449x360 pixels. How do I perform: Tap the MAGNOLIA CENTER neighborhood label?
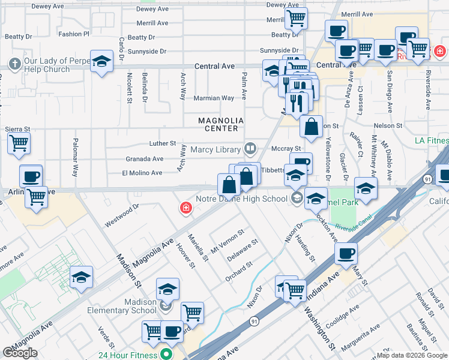point(221,124)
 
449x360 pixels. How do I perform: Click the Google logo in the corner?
point(20,352)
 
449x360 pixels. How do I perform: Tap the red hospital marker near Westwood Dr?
point(187,208)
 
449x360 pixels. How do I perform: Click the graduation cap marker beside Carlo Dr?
point(102,61)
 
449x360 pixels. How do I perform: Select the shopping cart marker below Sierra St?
point(19,143)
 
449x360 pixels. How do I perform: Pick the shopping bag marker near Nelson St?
point(311,127)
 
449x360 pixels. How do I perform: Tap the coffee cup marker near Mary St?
point(345,253)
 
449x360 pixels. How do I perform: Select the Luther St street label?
point(162,144)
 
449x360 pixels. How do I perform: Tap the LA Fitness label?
point(431,141)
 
